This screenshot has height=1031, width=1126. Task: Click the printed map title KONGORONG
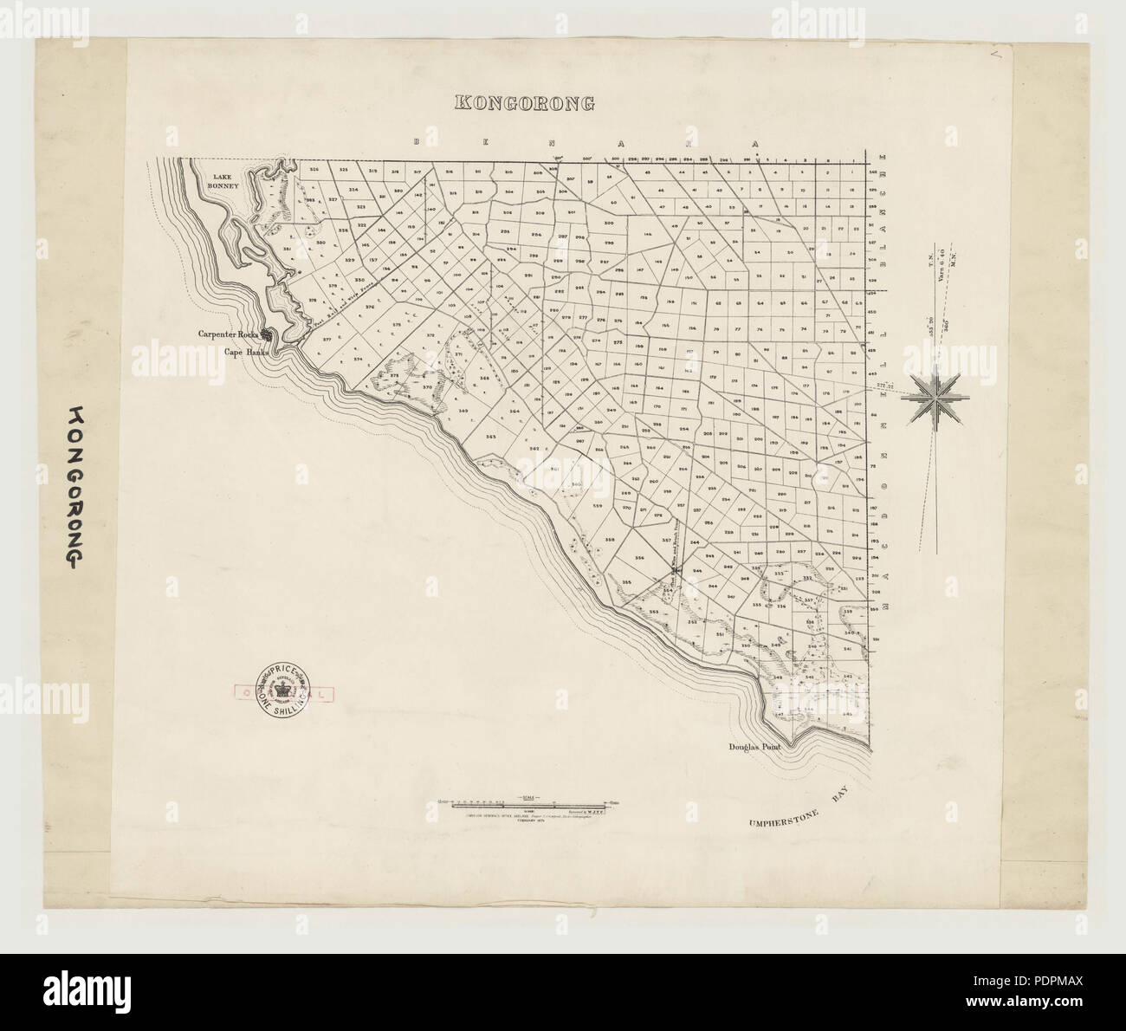(x=525, y=102)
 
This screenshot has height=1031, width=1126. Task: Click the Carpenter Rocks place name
(x=229, y=334)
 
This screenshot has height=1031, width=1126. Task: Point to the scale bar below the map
(x=526, y=805)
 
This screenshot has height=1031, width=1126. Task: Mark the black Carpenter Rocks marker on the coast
(x=269, y=334)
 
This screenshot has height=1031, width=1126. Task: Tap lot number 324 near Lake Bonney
(x=353, y=189)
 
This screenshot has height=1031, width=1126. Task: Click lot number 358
(x=610, y=540)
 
